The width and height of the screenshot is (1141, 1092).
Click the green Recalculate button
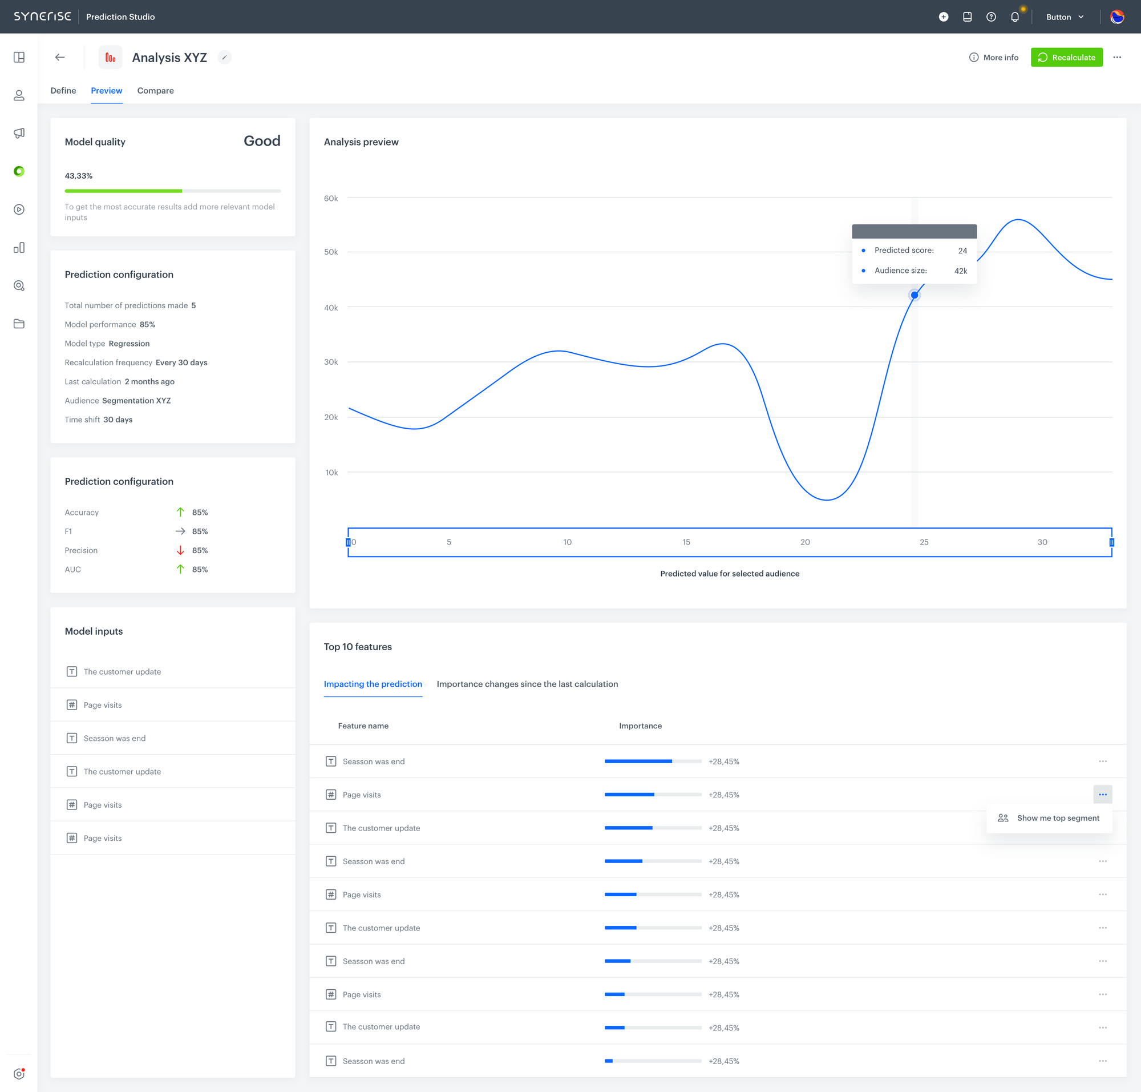(1066, 57)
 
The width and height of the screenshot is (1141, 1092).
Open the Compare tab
(155, 91)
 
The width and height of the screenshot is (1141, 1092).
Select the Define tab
(63, 91)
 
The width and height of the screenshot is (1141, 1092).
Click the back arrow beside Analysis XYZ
(60, 57)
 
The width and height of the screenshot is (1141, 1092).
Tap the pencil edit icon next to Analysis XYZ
(225, 57)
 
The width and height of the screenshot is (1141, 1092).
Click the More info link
(993, 57)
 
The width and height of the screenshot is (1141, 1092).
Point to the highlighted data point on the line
(914, 295)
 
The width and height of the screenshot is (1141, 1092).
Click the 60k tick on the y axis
(330, 199)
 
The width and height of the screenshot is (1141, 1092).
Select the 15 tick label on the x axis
(686, 542)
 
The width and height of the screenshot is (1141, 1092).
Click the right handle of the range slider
(1111, 542)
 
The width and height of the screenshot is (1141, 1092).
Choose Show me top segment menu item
(1057, 818)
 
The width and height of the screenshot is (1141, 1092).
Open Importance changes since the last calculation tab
(527, 684)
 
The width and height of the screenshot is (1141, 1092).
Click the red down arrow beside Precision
(180, 550)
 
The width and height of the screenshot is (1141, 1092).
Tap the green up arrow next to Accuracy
(180, 512)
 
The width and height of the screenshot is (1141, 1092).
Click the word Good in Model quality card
(262, 141)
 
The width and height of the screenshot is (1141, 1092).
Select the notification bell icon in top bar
(1014, 17)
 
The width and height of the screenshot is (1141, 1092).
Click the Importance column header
(640, 726)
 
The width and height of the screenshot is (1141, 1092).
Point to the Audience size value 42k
(960, 271)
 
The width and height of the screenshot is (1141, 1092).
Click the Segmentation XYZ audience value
(136, 401)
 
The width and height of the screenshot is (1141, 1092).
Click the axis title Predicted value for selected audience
(729, 573)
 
